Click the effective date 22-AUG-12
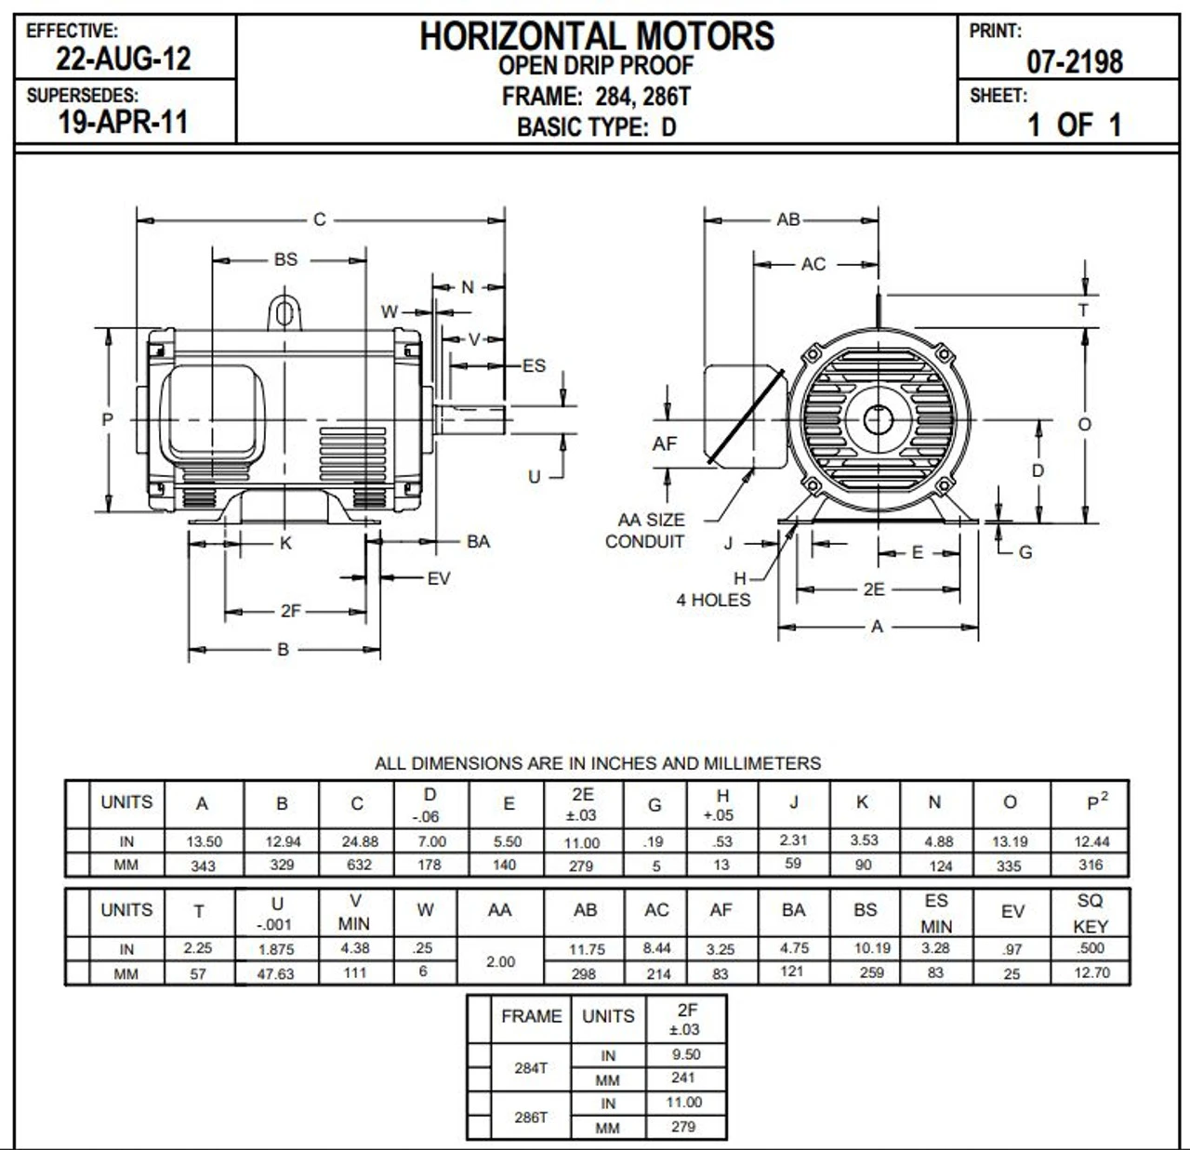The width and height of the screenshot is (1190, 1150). (123, 59)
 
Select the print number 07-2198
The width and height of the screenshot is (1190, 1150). (1075, 62)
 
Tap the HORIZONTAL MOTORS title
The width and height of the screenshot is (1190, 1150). (596, 36)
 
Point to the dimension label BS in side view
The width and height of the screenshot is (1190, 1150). (285, 259)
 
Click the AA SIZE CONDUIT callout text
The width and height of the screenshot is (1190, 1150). (645, 531)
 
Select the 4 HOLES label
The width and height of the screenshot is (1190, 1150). (713, 601)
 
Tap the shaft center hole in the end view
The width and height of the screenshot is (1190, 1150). (877, 420)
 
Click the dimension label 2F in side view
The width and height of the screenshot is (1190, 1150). (291, 611)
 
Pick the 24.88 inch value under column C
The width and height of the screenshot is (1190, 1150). (360, 841)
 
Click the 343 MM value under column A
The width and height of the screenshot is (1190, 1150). (203, 866)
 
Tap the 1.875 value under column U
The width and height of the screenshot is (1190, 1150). (275, 949)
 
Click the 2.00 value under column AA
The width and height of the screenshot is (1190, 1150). (500, 961)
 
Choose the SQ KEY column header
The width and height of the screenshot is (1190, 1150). (1090, 913)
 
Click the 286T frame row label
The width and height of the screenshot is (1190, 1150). (531, 1117)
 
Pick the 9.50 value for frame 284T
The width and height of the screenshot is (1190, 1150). (686, 1054)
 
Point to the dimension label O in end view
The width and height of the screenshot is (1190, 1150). (1084, 424)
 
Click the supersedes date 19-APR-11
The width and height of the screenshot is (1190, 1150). (123, 122)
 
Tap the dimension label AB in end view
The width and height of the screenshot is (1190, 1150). (787, 219)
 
